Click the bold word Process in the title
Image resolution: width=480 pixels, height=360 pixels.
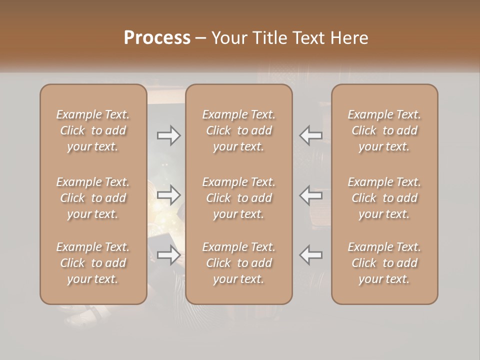point(157,38)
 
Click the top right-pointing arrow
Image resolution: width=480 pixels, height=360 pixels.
point(168,135)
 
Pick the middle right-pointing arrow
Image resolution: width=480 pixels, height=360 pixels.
point(168,194)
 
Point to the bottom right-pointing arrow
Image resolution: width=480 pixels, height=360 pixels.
point(168,255)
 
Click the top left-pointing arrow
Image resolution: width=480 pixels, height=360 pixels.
point(310,135)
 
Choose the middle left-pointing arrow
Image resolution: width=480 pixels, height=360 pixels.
point(310,194)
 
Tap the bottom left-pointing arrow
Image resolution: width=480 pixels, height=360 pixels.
point(310,255)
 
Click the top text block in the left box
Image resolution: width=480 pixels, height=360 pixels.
point(93,130)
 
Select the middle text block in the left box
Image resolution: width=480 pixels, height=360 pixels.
point(93,198)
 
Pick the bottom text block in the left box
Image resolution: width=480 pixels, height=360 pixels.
point(93,263)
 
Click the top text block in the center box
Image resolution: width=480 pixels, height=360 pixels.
point(238,130)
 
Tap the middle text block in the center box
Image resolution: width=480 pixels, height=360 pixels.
point(238,198)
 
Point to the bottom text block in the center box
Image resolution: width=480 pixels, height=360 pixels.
point(238,263)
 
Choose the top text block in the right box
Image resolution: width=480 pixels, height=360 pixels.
point(384,130)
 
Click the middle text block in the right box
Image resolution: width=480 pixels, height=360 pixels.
point(384,198)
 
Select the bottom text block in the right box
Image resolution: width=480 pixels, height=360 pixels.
point(384,263)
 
